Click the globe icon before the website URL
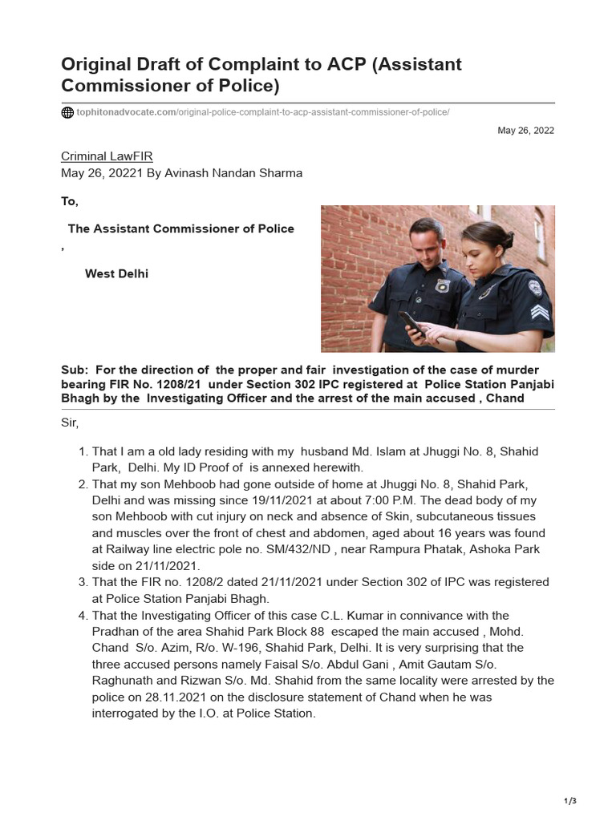(x=67, y=112)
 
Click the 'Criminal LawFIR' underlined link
(x=107, y=156)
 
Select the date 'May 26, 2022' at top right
(x=525, y=131)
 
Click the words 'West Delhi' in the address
(x=116, y=273)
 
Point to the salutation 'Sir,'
(x=71, y=423)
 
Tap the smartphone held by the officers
(x=412, y=322)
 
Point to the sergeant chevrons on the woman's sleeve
(x=540, y=312)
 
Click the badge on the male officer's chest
(x=442, y=285)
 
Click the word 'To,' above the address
(x=70, y=202)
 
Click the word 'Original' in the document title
(x=102, y=64)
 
